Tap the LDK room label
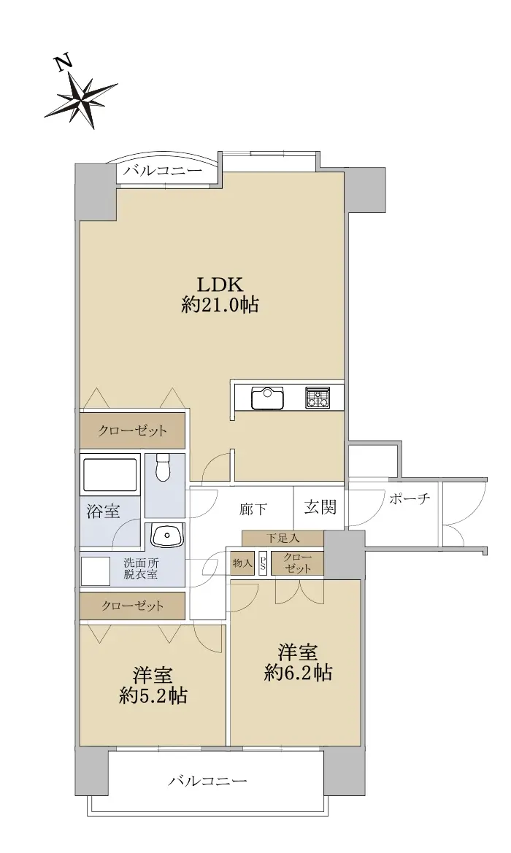coord(219,285)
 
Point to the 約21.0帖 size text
coord(220,305)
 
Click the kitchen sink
coord(267,397)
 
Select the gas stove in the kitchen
coord(317,397)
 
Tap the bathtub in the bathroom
coord(110,475)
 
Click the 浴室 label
coord(104,512)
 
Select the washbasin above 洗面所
coord(168,536)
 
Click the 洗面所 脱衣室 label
coord(140,568)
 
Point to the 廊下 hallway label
coord(253,509)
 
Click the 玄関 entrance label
coord(320,508)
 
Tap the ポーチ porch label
coord(410,499)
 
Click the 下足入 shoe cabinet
coord(283,539)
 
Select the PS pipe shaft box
coord(264,563)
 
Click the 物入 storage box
coord(242,563)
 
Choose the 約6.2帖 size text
coord(299,673)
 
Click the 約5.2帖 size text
coord(153,696)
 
